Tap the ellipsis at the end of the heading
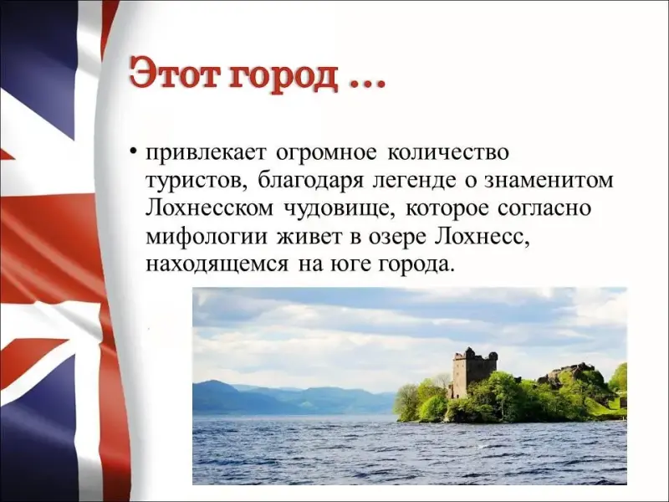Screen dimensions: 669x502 368,85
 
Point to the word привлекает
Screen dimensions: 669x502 206,154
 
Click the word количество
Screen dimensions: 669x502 448,152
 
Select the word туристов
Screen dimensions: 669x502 197,182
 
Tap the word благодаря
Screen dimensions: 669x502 310,181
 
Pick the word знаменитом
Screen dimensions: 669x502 549,181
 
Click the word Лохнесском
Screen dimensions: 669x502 209,208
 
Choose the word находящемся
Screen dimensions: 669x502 217,265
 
